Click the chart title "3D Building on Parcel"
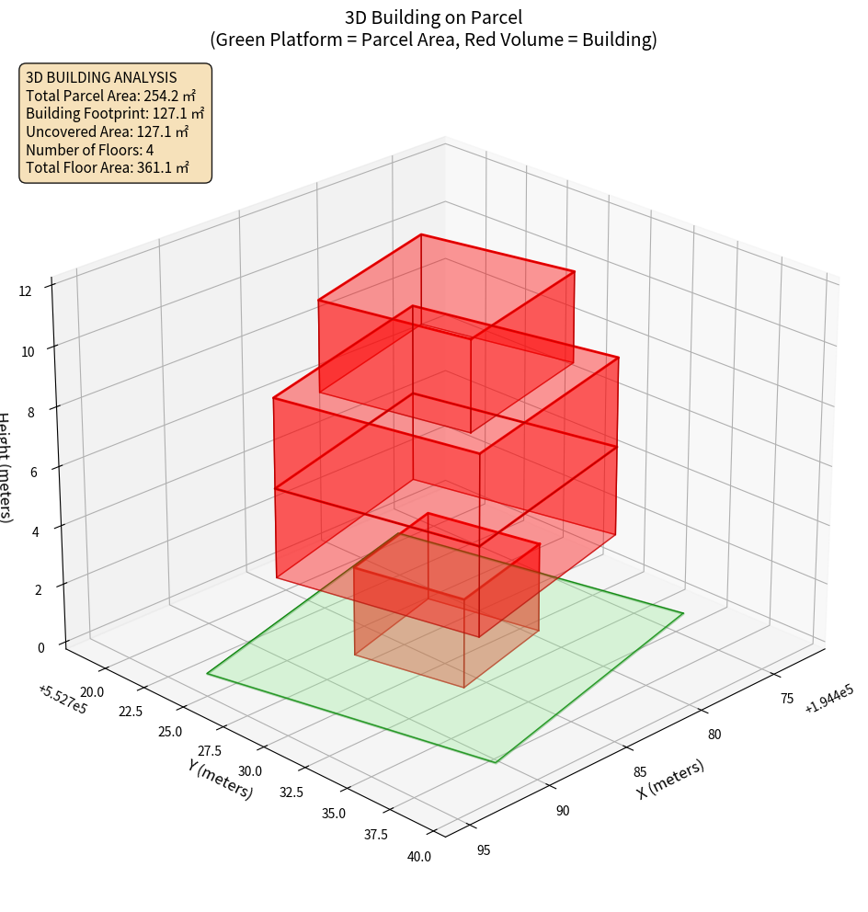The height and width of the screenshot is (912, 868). point(433,17)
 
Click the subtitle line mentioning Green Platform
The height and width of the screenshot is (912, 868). point(433,40)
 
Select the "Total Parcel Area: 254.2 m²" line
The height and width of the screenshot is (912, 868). point(111,96)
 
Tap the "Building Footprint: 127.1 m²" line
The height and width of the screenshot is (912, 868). point(115,114)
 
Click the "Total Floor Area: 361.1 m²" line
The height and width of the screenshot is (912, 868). point(108,168)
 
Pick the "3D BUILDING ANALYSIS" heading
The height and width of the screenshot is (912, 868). point(101,78)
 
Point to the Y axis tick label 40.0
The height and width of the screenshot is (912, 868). point(419,857)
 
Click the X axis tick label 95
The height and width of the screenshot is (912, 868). point(484,850)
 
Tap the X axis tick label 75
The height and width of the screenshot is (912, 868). point(787,699)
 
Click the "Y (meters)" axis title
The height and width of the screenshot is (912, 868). point(220,779)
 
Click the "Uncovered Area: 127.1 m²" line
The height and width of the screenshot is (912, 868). point(108,131)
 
